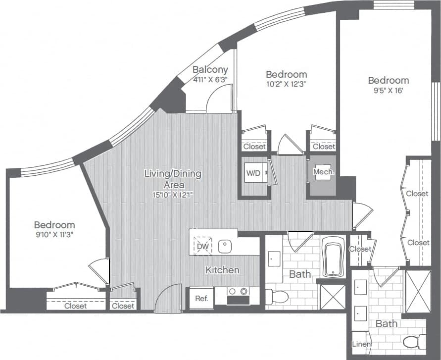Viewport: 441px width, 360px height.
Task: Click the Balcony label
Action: tap(210, 69)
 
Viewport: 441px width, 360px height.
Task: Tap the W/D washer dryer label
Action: tap(252, 173)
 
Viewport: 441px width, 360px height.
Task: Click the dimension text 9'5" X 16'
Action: tap(388, 91)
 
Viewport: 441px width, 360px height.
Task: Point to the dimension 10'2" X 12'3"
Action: tap(286, 84)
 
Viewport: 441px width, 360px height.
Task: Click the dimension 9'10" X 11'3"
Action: tap(54, 234)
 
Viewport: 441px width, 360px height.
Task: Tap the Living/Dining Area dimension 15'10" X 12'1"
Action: tap(173, 195)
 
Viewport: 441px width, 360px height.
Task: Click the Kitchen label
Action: tap(223, 270)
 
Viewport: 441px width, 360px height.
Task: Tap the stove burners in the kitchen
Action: tap(238, 292)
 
